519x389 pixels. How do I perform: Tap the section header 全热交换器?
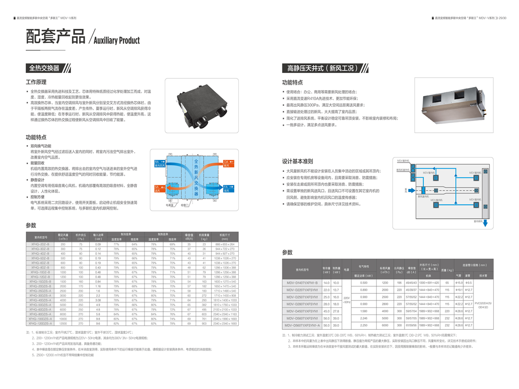44,68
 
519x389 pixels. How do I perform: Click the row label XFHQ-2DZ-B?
41,245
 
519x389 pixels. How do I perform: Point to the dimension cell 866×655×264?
225,245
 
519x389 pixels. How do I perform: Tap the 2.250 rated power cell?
363,325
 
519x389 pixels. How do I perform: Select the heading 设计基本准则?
297,162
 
